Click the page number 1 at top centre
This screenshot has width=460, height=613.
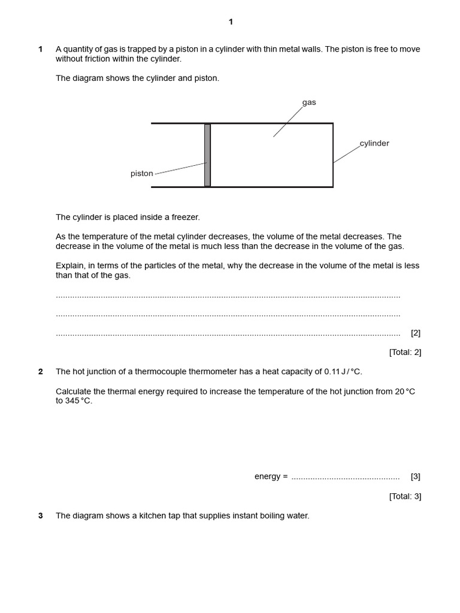coord(231,22)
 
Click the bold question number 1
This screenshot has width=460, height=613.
coord(41,49)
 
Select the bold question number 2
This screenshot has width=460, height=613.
coord(41,372)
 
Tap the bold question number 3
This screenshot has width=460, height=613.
coord(41,516)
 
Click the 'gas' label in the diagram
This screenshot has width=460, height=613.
coord(309,102)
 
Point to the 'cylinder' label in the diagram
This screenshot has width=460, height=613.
coord(374,144)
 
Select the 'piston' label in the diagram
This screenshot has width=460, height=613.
coord(142,174)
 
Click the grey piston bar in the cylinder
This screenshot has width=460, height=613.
coord(207,155)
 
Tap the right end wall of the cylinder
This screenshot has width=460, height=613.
coord(333,155)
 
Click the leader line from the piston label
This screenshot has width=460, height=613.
coord(180,168)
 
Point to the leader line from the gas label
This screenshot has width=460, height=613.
coord(288,122)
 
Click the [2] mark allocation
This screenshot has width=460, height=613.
coord(416,333)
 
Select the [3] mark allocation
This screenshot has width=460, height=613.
coord(416,477)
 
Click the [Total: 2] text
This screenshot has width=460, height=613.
coord(405,353)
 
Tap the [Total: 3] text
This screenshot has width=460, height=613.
coord(405,496)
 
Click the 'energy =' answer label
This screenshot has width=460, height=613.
coord(271,477)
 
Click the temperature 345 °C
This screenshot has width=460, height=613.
coord(79,401)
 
